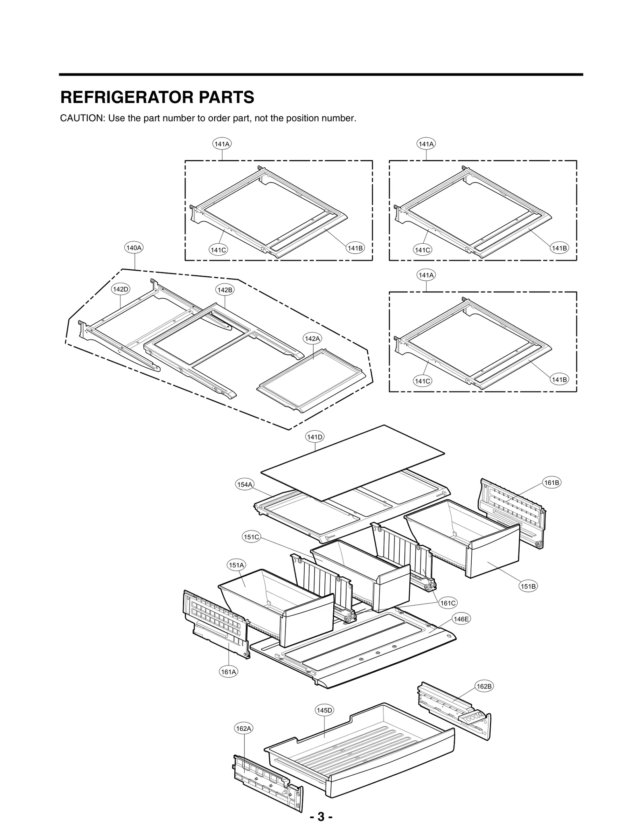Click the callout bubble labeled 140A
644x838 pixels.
point(134,248)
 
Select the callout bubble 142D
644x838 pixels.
point(121,289)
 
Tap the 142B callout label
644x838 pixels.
point(225,290)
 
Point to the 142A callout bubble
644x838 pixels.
point(312,339)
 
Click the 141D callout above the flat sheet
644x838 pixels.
point(315,437)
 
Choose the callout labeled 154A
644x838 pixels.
point(244,485)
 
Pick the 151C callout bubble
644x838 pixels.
point(252,537)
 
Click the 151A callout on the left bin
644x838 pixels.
point(236,565)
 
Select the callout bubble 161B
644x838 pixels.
point(551,483)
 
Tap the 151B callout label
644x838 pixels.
point(528,586)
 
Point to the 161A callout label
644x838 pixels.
point(229,672)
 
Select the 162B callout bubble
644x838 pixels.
point(484,686)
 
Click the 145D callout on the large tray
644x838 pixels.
point(324,710)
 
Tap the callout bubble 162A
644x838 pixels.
point(244,728)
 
